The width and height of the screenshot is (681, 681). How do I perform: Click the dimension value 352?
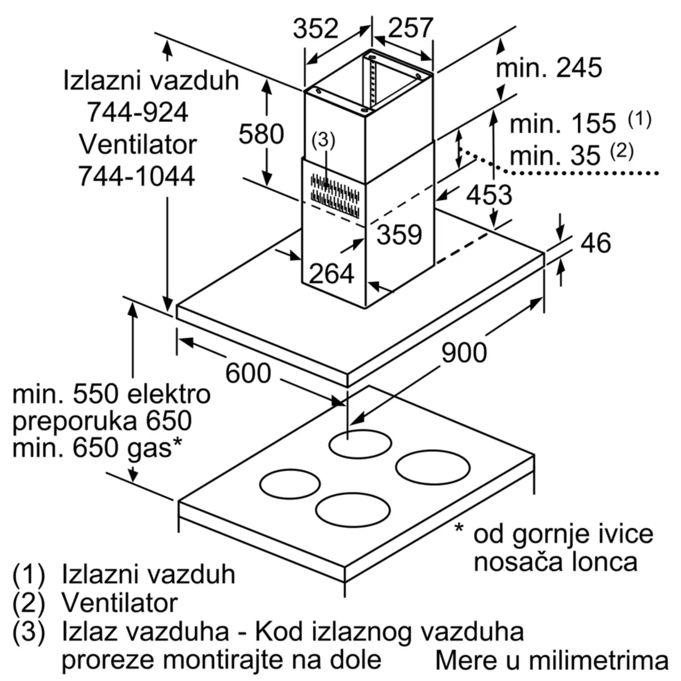316,28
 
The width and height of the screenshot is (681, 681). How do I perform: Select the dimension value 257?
410,28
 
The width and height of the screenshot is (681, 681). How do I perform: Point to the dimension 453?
489,195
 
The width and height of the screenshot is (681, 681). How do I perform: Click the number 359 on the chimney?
400,234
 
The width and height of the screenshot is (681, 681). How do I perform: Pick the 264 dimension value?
331,273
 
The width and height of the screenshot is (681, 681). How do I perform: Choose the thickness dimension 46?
596,243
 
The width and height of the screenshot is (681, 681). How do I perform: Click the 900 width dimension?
464,352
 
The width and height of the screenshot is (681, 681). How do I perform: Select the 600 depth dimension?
248,373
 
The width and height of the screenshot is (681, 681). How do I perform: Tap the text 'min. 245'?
549,68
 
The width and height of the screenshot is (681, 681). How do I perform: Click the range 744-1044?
136,176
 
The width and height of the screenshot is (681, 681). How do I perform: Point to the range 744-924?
137,112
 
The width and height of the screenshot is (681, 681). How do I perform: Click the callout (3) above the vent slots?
323,140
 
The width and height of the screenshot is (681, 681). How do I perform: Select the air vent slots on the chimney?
335,195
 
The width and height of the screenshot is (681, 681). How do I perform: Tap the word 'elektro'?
169,394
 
